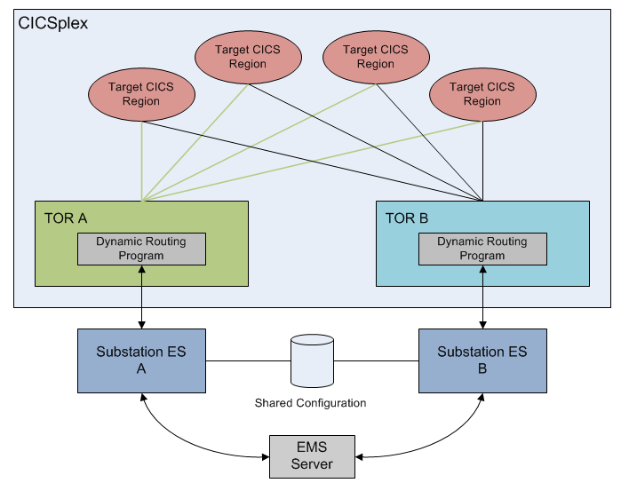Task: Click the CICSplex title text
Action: click(x=53, y=22)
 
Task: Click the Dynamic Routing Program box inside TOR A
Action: click(x=142, y=249)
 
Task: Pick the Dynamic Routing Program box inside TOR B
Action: click(x=482, y=249)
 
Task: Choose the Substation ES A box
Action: click(x=141, y=360)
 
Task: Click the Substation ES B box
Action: click(x=482, y=360)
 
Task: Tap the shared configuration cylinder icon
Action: click(x=312, y=360)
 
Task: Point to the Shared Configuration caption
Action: click(x=311, y=403)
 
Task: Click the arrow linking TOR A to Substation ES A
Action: click(x=142, y=297)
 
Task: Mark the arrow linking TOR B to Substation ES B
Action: click(x=482, y=297)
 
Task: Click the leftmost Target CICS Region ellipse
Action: click(x=141, y=94)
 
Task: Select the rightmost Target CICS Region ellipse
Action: click(x=482, y=94)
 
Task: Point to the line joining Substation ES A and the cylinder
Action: click(x=248, y=361)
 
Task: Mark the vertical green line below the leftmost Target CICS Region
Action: click(x=142, y=160)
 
